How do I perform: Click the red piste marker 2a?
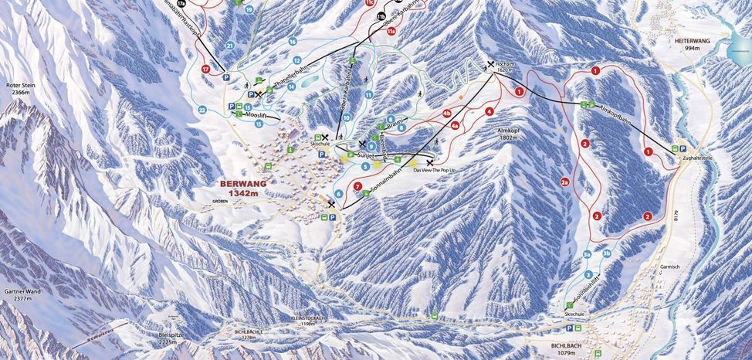pyautogui.click(x=565, y=182)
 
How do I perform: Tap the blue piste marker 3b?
pyautogui.click(x=607, y=253)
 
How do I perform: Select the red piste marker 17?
pyautogui.click(x=205, y=70)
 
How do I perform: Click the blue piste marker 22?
pyautogui.click(x=202, y=110)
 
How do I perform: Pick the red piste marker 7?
pyautogui.click(x=357, y=186)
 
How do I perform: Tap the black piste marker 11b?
pyautogui.click(x=381, y=16)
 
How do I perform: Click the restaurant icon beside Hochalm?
pyautogui.click(x=490, y=65)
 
